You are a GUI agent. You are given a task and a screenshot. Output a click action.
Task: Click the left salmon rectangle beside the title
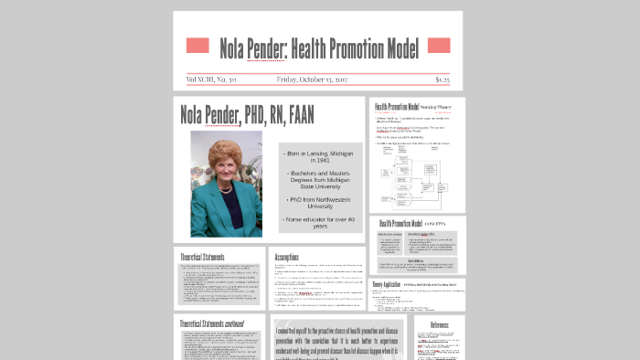197,46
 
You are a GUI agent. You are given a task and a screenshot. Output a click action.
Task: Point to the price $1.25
442,79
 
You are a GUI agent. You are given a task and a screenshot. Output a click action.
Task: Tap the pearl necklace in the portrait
225,180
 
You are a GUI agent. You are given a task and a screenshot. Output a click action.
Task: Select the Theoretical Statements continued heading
218,324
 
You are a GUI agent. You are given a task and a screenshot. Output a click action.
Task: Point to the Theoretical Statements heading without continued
203,258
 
